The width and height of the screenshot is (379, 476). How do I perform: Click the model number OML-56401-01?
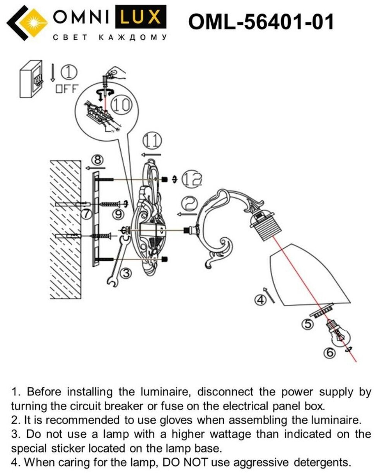pyautogui.click(x=261, y=22)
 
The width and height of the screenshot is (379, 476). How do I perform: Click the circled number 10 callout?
pyautogui.click(x=121, y=104)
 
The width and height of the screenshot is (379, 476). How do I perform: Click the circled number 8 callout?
pyautogui.click(x=98, y=160)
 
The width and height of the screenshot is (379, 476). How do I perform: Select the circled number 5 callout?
pyautogui.click(x=307, y=324)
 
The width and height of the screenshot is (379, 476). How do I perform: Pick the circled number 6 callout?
pyautogui.click(x=329, y=353)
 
